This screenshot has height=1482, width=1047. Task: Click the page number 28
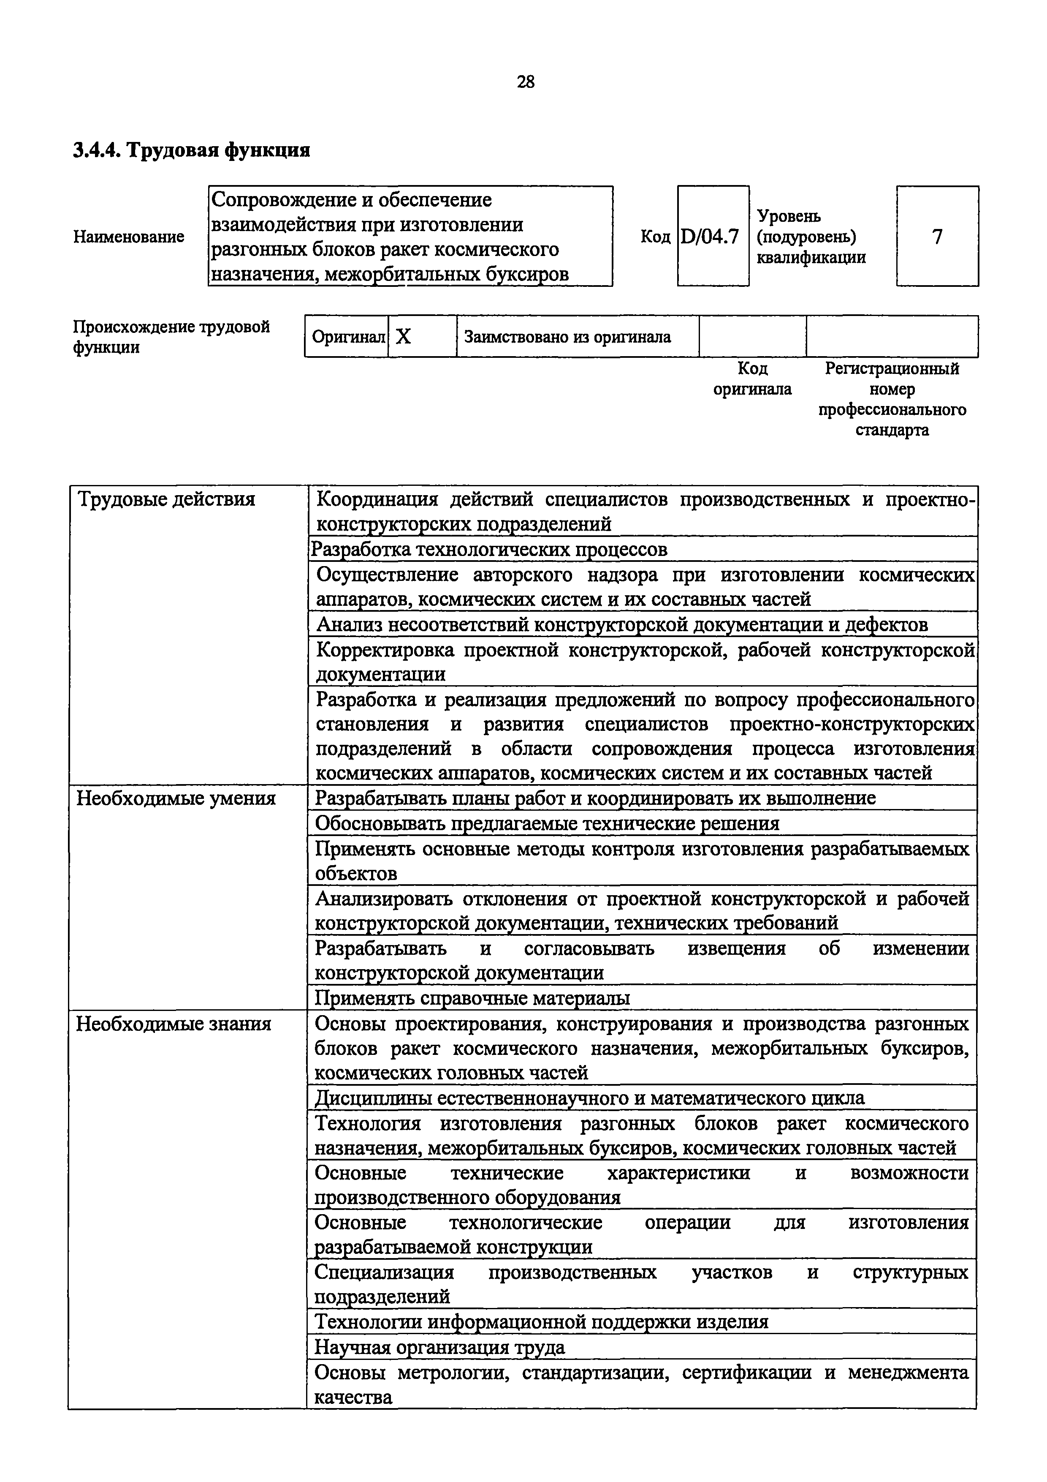coord(525,82)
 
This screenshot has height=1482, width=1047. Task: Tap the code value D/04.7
coord(712,237)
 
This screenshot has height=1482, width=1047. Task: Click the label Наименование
coord(128,237)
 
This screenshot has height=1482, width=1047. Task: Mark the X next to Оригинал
coord(403,336)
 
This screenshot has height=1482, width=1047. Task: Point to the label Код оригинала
coord(752,379)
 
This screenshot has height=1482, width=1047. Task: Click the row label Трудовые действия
coord(166,499)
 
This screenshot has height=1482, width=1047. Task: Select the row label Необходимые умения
coord(176,798)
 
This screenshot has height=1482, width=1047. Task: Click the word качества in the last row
coord(353,1398)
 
